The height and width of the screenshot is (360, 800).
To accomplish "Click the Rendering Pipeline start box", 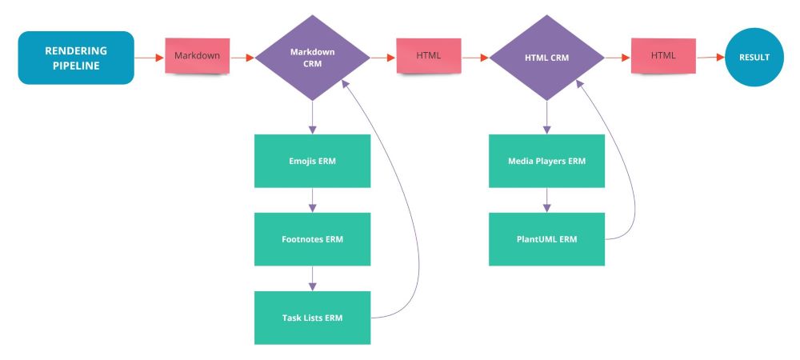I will tap(76, 58).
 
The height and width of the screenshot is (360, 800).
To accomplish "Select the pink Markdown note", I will tap(197, 56).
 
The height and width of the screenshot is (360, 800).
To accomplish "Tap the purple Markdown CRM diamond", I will tap(312, 58).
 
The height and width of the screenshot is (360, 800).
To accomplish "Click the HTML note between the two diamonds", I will tap(428, 56).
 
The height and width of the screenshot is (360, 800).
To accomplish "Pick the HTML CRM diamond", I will tap(546, 58).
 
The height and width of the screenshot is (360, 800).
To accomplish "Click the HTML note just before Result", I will tap(663, 56).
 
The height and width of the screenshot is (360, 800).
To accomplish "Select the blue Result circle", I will tap(754, 58).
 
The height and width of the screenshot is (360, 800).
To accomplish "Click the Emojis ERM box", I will tap(312, 161).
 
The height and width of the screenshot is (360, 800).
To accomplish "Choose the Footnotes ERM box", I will tap(312, 239).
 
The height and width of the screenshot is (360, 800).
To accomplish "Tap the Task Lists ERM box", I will tap(312, 318).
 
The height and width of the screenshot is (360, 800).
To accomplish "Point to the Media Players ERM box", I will tap(546, 161).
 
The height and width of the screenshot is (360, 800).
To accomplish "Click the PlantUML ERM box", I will tap(546, 239).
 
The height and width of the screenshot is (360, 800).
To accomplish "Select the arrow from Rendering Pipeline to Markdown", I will tap(150, 58).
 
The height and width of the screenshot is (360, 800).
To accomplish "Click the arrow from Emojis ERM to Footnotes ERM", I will tap(312, 200).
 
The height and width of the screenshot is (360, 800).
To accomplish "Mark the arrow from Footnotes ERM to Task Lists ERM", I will tap(312, 278).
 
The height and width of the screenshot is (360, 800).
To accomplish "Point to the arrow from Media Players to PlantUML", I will tap(546, 200).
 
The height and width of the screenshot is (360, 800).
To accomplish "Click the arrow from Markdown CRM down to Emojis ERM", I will tap(312, 117).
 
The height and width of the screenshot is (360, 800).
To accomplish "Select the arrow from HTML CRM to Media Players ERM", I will tap(546, 117).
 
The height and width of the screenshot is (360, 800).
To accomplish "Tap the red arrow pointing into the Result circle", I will tap(710, 58).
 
